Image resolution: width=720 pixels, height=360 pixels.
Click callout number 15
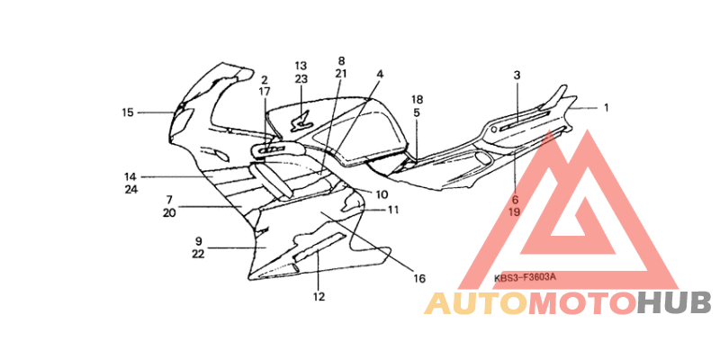tap(128, 112)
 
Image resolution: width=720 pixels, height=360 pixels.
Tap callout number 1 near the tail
tap(606, 108)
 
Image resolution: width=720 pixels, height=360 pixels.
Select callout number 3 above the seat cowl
tap(517, 76)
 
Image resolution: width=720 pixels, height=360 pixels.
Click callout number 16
tap(418, 277)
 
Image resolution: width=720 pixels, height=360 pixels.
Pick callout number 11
tap(392, 210)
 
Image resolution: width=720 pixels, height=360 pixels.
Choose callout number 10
tap(382, 194)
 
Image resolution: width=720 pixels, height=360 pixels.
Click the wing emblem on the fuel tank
tap(301, 122)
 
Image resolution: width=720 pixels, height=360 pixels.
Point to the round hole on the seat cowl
tap(492, 130)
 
